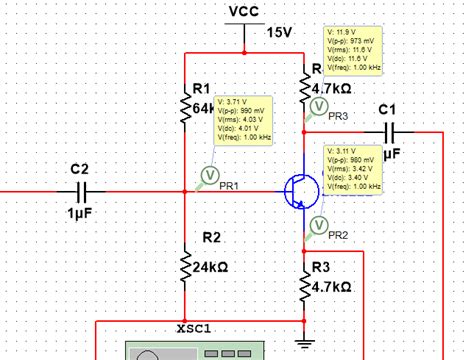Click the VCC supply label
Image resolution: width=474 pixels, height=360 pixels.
tap(245, 11)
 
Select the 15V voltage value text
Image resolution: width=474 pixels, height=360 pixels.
tap(279, 32)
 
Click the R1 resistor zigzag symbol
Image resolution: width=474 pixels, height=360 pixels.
tap(185, 106)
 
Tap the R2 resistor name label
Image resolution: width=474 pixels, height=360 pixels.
tap(212, 237)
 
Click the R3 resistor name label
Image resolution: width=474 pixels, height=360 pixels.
tap(321, 267)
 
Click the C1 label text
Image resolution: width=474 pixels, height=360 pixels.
tap(388, 108)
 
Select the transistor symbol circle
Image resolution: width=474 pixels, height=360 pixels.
tap(299, 191)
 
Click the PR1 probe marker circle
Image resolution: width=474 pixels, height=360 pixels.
tap(210, 175)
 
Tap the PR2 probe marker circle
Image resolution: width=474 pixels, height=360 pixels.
tap(319, 224)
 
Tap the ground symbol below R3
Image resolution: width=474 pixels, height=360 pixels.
tap(306, 342)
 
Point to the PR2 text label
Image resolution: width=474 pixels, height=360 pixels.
tap(338, 235)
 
